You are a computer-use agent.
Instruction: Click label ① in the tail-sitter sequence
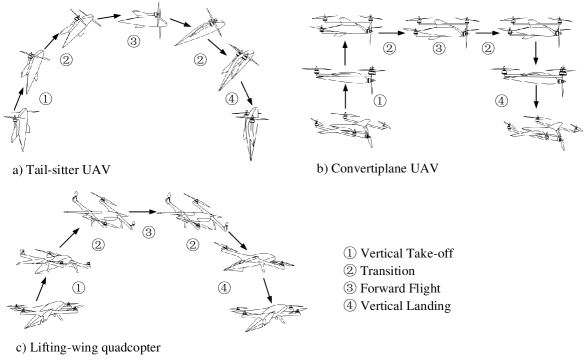[x=45, y=99]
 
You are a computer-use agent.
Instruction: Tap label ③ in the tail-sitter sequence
[x=134, y=41]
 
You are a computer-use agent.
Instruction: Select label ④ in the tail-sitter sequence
[x=232, y=99]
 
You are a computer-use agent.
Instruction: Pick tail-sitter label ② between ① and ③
[x=66, y=60]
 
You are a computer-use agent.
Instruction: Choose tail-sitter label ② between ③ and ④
[x=200, y=60]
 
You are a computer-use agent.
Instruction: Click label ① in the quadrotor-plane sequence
[x=379, y=101]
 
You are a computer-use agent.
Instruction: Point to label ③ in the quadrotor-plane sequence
[x=438, y=48]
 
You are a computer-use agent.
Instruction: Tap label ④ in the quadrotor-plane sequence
[x=501, y=101]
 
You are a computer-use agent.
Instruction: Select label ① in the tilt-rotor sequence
[x=78, y=288]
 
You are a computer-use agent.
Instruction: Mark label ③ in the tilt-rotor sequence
[x=148, y=232]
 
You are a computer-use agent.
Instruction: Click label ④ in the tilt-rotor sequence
[x=225, y=288]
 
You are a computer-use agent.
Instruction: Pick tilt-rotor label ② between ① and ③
[x=98, y=245]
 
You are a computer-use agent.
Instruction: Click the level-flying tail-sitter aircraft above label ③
[x=139, y=17]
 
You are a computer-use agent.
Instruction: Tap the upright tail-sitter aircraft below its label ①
[x=21, y=129]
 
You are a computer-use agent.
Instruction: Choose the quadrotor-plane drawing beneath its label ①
[x=350, y=131]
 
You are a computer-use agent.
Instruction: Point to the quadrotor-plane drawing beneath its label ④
[x=542, y=133]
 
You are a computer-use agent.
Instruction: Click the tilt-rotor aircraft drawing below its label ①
[x=45, y=315]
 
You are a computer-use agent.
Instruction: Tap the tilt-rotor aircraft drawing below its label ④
[x=267, y=318]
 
